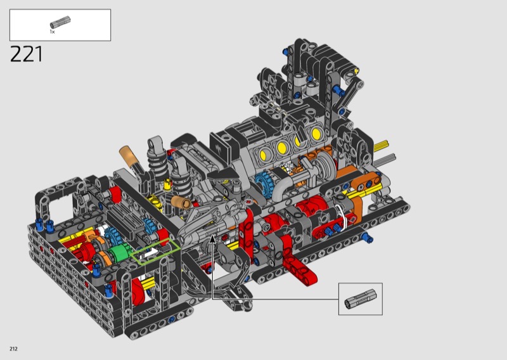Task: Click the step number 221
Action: (x=26, y=54)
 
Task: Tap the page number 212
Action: (x=13, y=349)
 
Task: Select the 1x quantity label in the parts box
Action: (x=52, y=32)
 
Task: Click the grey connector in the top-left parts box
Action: (x=60, y=22)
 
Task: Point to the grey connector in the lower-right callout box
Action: (x=361, y=299)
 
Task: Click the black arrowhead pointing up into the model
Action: (x=212, y=239)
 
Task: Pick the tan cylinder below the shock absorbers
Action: (x=181, y=202)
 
